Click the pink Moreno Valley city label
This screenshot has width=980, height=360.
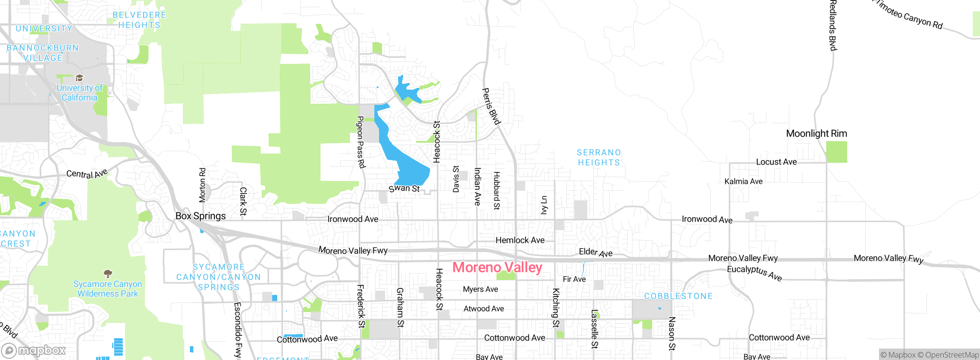coord(497,267)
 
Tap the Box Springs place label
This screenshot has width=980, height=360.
coord(201,216)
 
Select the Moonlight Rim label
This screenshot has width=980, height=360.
coord(816,134)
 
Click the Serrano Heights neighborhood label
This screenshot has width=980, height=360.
coord(599,157)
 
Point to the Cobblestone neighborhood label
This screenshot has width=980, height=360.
coord(678,296)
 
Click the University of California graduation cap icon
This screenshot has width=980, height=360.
coord(79,78)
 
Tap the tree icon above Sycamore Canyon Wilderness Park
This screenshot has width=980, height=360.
coord(108,273)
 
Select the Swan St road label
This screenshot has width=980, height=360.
coord(404,188)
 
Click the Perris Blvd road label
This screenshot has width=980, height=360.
coord(491,106)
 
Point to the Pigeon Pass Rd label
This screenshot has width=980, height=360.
coord(361,142)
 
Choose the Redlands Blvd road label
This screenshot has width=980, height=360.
coord(833,25)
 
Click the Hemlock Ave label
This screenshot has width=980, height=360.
coord(520,240)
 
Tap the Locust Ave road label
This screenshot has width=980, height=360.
coord(776,162)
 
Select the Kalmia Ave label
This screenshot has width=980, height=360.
coord(743,182)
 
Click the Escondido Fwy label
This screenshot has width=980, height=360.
coord(238,330)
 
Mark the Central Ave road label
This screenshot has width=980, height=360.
coord(87,173)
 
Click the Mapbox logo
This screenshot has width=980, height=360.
coord(34,350)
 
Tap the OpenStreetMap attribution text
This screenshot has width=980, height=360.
coord(952,355)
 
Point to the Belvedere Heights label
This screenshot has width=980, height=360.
coord(139,20)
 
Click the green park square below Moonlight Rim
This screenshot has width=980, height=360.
coord(836,152)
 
